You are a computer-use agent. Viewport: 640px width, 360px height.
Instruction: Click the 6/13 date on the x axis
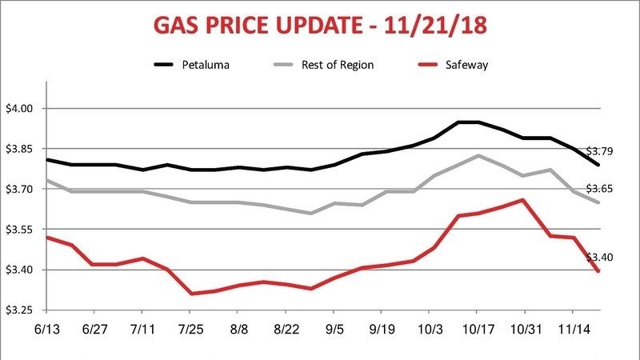[46, 329]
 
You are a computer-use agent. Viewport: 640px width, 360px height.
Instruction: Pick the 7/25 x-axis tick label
[190, 329]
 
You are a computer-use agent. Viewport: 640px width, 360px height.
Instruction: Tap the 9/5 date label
[334, 329]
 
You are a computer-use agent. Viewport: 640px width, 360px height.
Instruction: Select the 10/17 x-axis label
[477, 329]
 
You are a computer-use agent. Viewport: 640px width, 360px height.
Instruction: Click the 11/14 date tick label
[573, 329]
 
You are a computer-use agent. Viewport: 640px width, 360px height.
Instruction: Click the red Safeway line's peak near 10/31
[523, 200]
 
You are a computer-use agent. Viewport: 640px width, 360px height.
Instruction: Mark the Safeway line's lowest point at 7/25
[190, 294]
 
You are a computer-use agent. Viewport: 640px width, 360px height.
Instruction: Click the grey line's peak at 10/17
[478, 155]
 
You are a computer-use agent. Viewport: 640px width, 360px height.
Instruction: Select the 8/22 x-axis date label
[286, 329]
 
